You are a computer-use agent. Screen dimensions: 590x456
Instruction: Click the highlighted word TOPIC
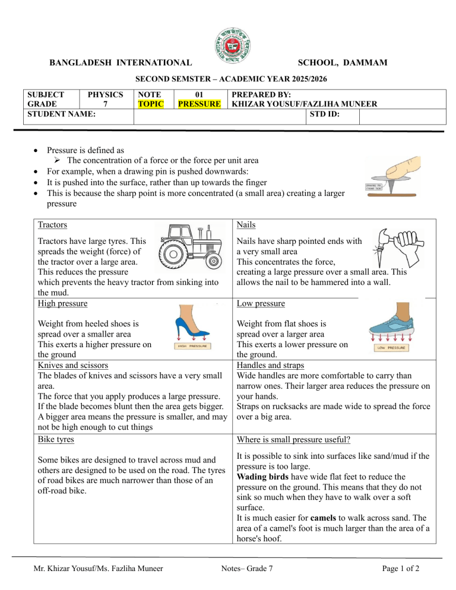(x=148, y=104)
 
